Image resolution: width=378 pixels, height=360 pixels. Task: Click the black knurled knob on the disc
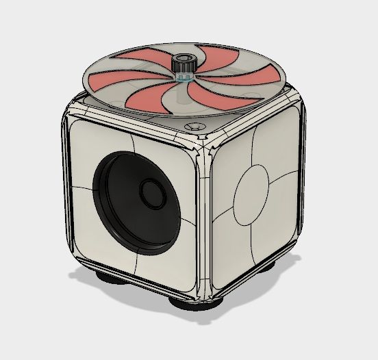tap(184, 65)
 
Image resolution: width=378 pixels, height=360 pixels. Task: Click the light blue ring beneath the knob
tap(183, 77)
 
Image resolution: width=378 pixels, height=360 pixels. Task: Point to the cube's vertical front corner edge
tap(204, 219)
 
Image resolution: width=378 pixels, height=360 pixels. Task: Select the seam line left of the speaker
tap(82, 185)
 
